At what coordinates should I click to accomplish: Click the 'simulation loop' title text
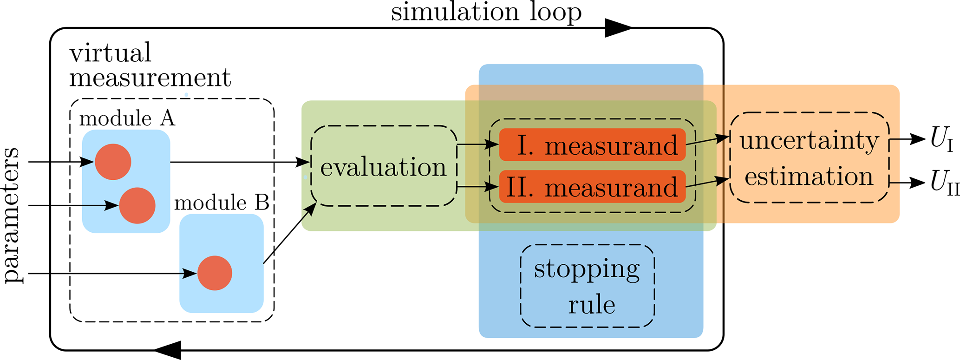point(486,12)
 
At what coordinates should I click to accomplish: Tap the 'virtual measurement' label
point(150,65)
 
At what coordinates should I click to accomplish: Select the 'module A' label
point(127,119)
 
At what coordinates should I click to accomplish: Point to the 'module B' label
point(222,203)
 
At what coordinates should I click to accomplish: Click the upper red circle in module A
point(113,162)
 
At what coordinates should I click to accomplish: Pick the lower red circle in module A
point(137,206)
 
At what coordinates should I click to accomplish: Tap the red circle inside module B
point(215,273)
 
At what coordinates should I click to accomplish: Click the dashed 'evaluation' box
point(384,166)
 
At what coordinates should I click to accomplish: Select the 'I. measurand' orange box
point(592,145)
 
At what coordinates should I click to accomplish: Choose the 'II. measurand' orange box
point(592,187)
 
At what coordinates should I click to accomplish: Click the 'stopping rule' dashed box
point(588,286)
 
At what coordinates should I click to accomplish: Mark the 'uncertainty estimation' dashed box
point(810,157)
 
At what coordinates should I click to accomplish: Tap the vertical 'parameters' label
point(13,215)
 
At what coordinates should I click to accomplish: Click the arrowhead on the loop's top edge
point(618,28)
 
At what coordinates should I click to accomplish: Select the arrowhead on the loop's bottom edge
point(168,350)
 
